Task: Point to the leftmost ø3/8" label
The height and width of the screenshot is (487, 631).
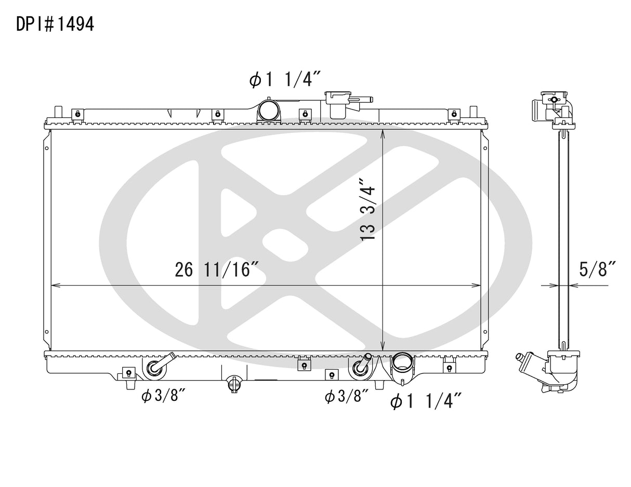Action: click(163, 396)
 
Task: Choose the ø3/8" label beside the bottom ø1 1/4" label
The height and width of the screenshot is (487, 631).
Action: click(346, 397)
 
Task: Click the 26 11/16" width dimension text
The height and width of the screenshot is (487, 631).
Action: click(217, 270)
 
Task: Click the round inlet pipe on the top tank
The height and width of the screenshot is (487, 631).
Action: click(268, 110)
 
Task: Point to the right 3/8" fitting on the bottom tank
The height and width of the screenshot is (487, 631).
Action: click(361, 366)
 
